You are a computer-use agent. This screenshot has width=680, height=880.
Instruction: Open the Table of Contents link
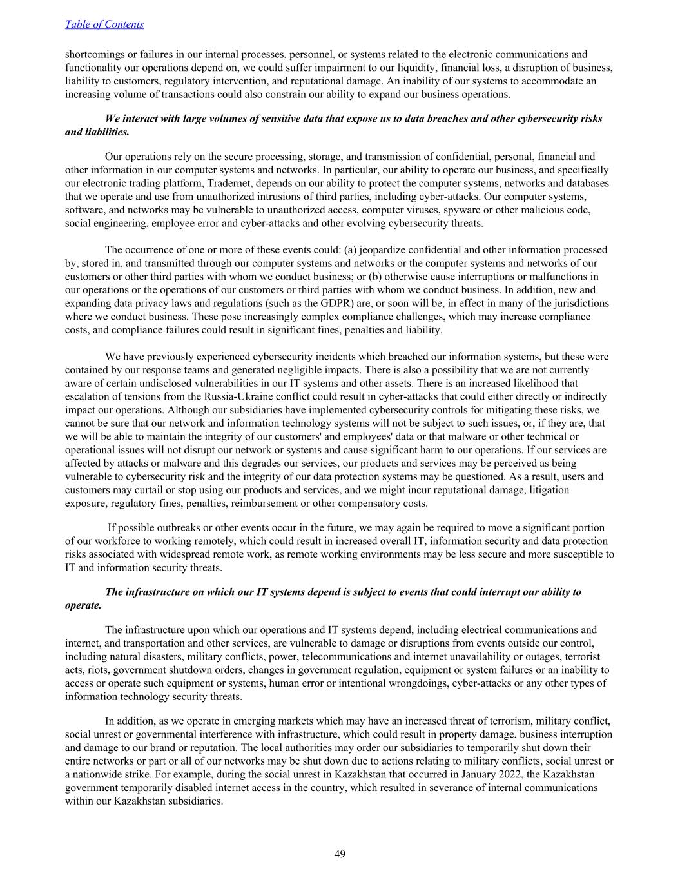click(x=104, y=24)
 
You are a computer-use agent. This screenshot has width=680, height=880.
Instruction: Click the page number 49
click(x=340, y=854)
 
